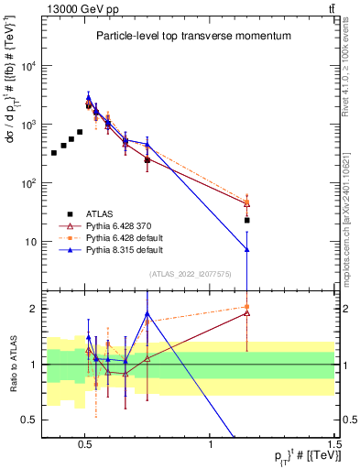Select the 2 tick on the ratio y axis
[x=35, y=309]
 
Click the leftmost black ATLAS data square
[x=54, y=152]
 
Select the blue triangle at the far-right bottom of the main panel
[x=246, y=249]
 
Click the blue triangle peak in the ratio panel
[x=147, y=314]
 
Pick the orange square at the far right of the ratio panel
[x=246, y=307]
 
